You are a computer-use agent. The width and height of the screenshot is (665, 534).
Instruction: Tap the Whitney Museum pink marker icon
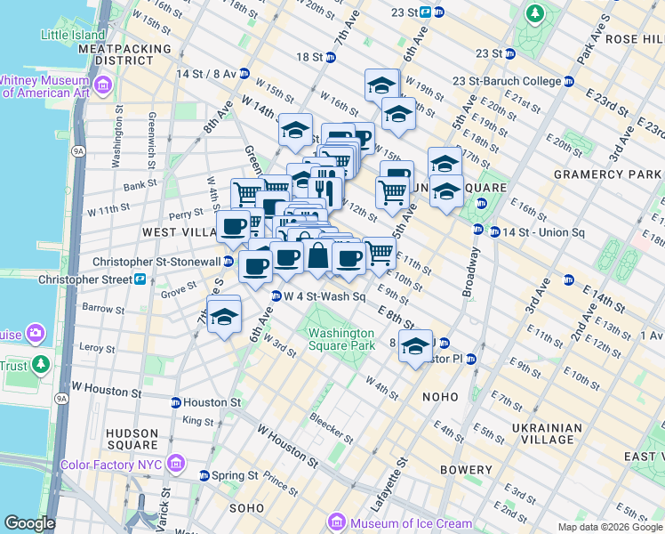pos(104,85)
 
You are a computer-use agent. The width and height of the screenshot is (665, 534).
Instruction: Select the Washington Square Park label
pos(335,340)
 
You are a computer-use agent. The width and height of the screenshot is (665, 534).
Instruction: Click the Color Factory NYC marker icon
pos(175,464)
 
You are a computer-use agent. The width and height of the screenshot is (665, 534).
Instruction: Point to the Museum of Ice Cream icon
pos(336,522)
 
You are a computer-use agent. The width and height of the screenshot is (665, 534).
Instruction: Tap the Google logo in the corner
pos(29,523)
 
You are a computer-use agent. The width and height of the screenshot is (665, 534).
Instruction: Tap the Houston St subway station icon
pos(175,402)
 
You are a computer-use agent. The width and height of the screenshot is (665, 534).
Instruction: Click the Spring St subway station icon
pos(204,476)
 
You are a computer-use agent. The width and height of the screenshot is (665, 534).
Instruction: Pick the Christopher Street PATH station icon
pos(140,279)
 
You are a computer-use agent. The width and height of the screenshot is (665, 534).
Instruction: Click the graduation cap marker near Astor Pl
pos(414,347)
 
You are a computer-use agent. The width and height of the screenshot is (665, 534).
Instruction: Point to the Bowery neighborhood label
pos(464,470)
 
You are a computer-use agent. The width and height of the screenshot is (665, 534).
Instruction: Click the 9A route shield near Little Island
pos(78,151)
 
